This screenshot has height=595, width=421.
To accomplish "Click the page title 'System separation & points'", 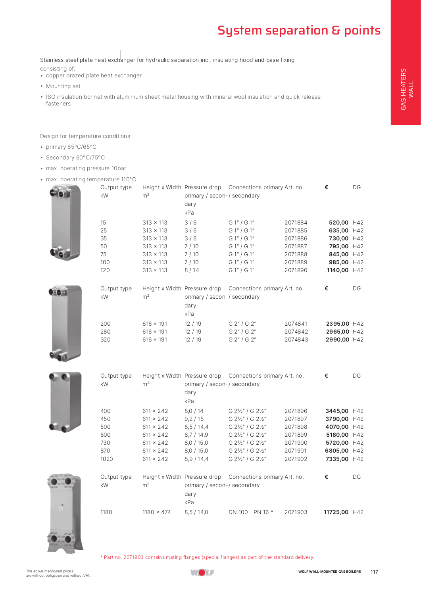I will [x=299, y=31].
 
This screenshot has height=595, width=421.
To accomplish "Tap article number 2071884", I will [x=296, y=223].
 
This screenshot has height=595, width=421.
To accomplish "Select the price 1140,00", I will [x=337, y=270].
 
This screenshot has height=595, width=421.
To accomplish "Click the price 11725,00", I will [x=336, y=512].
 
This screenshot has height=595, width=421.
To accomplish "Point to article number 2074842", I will [x=296, y=332].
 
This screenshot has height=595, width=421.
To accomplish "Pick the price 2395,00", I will [x=337, y=324].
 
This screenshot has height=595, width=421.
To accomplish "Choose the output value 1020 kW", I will [x=106, y=459].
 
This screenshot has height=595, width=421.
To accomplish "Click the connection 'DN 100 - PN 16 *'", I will [x=251, y=512].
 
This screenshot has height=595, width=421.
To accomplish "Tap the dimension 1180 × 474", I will [x=156, y=512].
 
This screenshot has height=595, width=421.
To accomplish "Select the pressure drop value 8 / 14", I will [x=192, y=270].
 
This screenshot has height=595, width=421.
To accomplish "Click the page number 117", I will [x=374, y=572].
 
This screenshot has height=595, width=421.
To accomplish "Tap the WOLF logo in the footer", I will [x=202, y=572].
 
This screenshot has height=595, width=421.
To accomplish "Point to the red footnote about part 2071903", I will [x=207, y=557].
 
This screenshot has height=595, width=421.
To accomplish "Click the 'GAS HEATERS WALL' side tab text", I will [x=407, y=89].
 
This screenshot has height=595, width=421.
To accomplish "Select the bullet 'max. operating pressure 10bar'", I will [x=86, y=168].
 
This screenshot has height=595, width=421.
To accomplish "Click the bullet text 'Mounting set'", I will [x=63, y=86].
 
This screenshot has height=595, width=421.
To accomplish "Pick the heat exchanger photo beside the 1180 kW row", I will [x=65, y=512].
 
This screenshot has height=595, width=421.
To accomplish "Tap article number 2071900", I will [x=296, y=443].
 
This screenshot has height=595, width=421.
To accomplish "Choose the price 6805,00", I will [x=336, y=451].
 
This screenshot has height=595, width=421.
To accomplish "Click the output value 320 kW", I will [x=106, y=340].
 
